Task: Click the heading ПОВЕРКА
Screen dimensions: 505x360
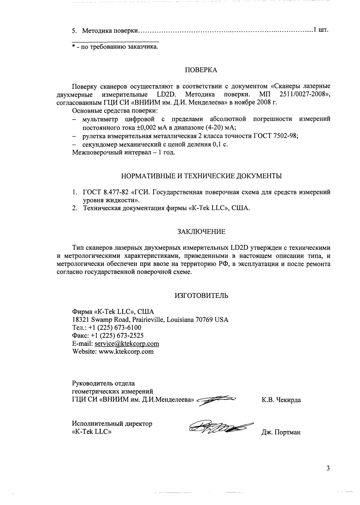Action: pyautogui.click(x=201, y=70)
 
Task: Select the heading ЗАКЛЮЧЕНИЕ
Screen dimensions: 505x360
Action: pyautogui.click(x=201, y=232)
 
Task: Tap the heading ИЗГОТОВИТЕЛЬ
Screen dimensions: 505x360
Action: pyautogui.click(x=201, y=296)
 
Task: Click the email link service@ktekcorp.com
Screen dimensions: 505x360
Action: pyautogui.click(x=127, y=344)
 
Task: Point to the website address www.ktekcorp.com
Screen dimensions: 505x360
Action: pyautogui.click(x=126, y=352)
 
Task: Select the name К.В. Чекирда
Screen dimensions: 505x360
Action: pyautogui.click(x=281, y=400)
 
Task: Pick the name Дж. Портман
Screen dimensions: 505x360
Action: pyautogui.click(x=281, y=432)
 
